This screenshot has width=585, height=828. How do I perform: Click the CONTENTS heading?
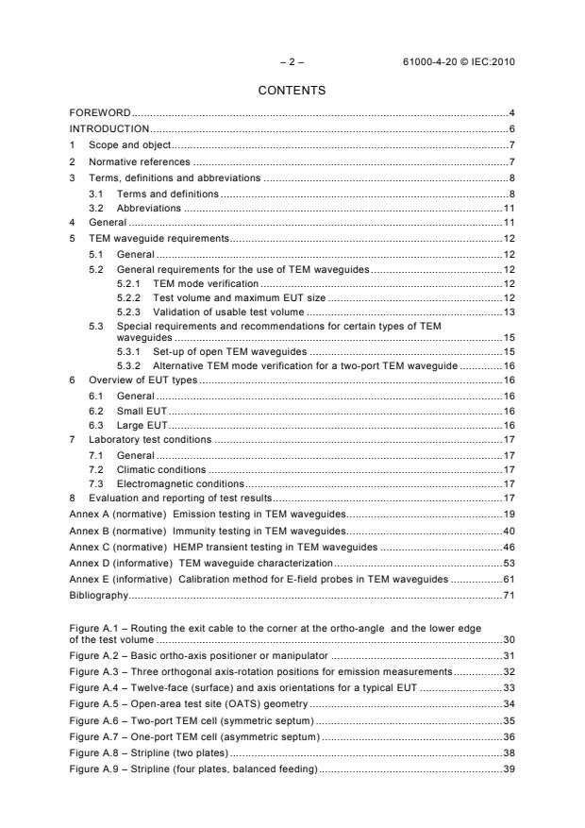click(292, 91)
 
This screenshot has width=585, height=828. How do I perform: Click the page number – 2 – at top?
click(292, 60)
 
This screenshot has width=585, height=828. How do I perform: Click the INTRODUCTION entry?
click(109, 128)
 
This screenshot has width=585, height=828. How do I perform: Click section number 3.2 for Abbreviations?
click(95, 207)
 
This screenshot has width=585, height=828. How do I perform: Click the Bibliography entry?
click(98, 597)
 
